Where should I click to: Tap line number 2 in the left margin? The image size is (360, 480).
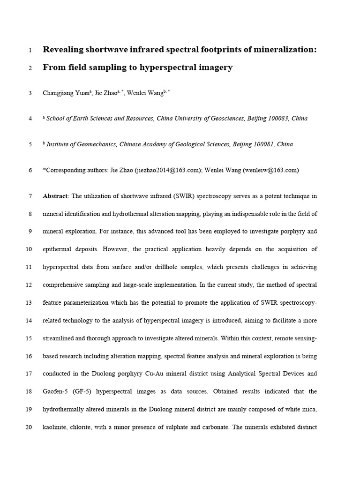click(30, 68)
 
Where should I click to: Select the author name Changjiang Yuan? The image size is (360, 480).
click(65, 93)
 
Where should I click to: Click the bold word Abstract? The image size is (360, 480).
click(55, 196)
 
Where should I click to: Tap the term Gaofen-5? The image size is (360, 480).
click(55, 392)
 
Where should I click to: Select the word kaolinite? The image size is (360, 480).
click(55, 427)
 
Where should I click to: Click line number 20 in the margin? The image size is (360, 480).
click(29, 427)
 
